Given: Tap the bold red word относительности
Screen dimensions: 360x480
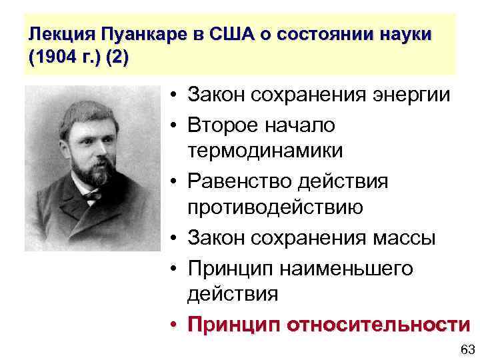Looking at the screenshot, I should [x=377, y=325].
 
